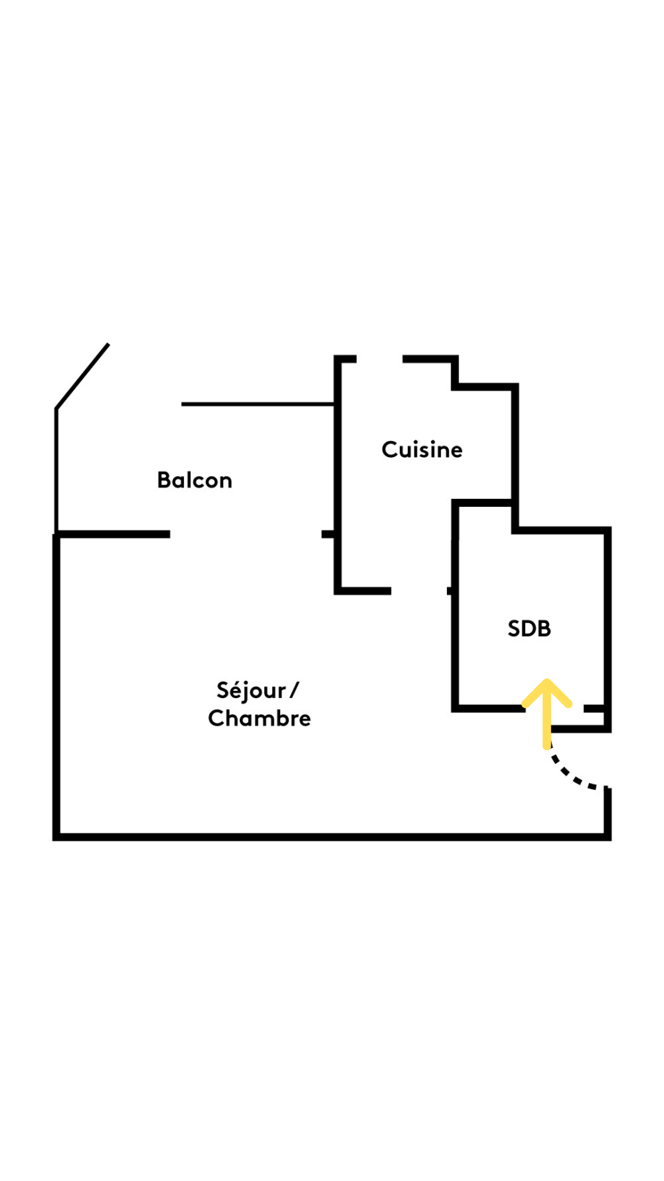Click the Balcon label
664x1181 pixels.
click(194, 480)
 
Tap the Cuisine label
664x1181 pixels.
click(422, 450)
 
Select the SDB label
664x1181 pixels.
click(529, 629)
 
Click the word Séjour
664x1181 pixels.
click(251, 690)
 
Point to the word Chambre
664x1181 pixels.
click(259, 718)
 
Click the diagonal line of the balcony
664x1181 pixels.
click(82, 376)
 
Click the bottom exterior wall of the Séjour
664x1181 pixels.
click(332, 837)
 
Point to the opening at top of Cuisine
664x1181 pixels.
click(379, 359)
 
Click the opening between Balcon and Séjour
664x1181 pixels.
click(245, 534)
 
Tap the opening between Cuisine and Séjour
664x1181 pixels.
click(419, 591)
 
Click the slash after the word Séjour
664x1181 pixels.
click(294, 690)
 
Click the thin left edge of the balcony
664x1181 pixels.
click(57, 471)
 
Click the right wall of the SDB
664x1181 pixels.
click(607, 621)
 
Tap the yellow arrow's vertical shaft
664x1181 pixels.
click(547, 726)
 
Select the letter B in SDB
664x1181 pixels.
click(543, 629)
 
